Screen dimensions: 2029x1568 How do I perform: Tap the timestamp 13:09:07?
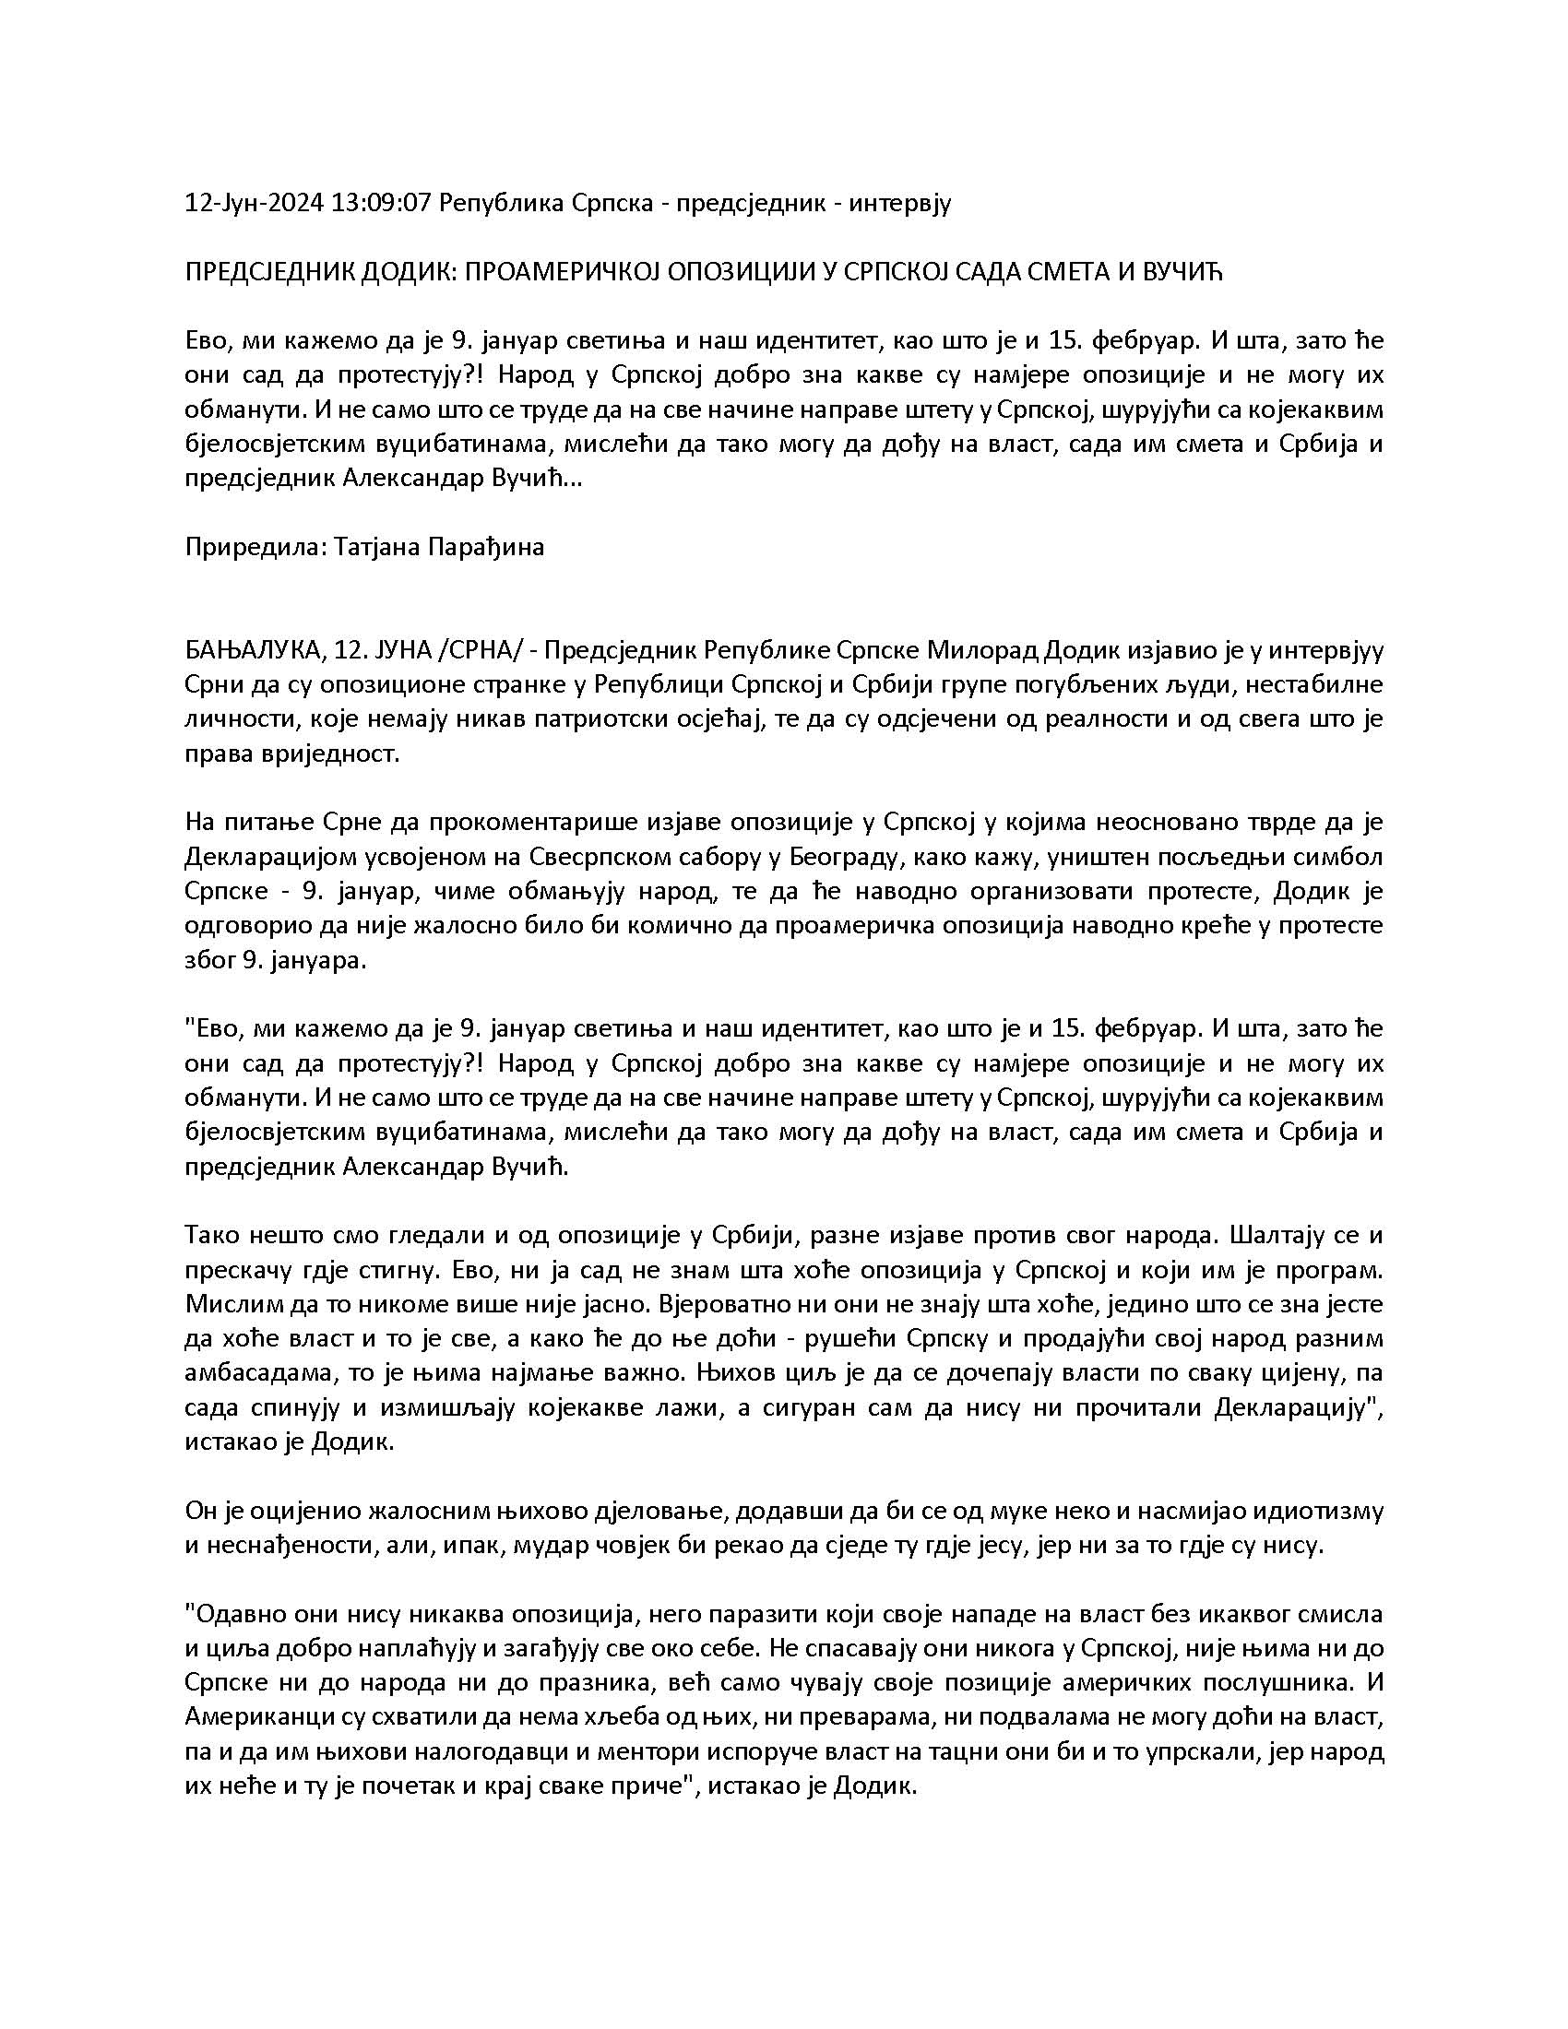click(382, 204)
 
